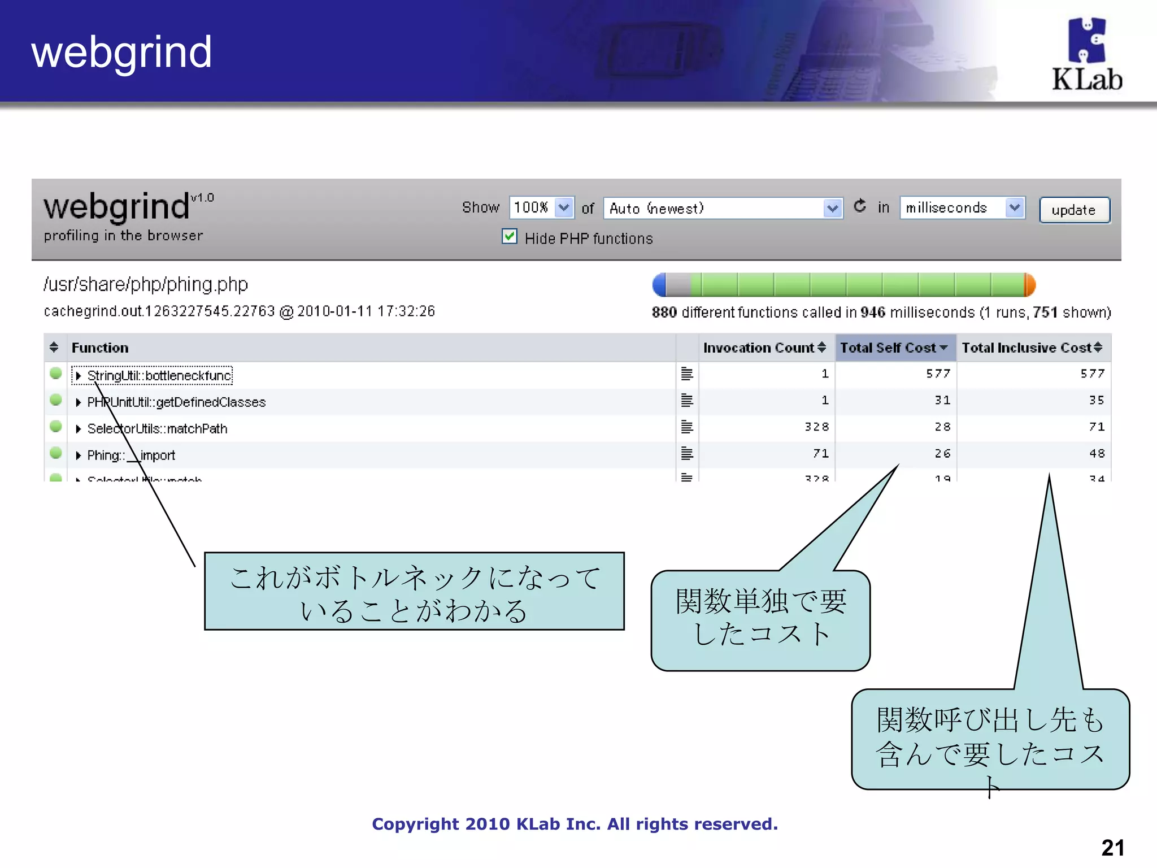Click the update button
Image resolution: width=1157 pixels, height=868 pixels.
click(x=1074, y=210)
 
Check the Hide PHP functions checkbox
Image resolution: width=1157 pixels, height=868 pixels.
click(x=509, y=237)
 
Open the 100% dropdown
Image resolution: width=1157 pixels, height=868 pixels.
click(x=541, y=208)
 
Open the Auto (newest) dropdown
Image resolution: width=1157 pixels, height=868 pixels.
click(x=723, y=209)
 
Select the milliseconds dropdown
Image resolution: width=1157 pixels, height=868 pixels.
click(x=962, y=208)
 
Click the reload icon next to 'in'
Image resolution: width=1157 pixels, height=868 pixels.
click(x=859, y=206)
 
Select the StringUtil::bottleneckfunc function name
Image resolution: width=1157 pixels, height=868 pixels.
click(x=159, y=376)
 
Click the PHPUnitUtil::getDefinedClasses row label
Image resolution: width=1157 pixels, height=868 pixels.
click(x=176, y=402)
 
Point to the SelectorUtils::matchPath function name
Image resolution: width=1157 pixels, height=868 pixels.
click(x=157, y=429)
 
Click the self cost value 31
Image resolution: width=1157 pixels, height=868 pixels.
click(x=942, y=400)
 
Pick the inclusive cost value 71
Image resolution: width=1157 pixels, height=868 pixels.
click(x=1097, y=427)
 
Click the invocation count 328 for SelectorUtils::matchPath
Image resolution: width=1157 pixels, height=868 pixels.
click(x=816, y=427)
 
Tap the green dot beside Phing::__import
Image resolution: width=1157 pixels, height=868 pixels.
click(x=55, y=453)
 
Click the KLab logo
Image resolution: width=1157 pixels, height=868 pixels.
click(x=1086, y=55)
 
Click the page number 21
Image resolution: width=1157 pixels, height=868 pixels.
click(x=1112, y=848)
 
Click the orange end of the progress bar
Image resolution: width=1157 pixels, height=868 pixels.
click(x=1030, y=285)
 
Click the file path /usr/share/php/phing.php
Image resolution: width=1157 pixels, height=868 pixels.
click(x=146, y=284)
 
